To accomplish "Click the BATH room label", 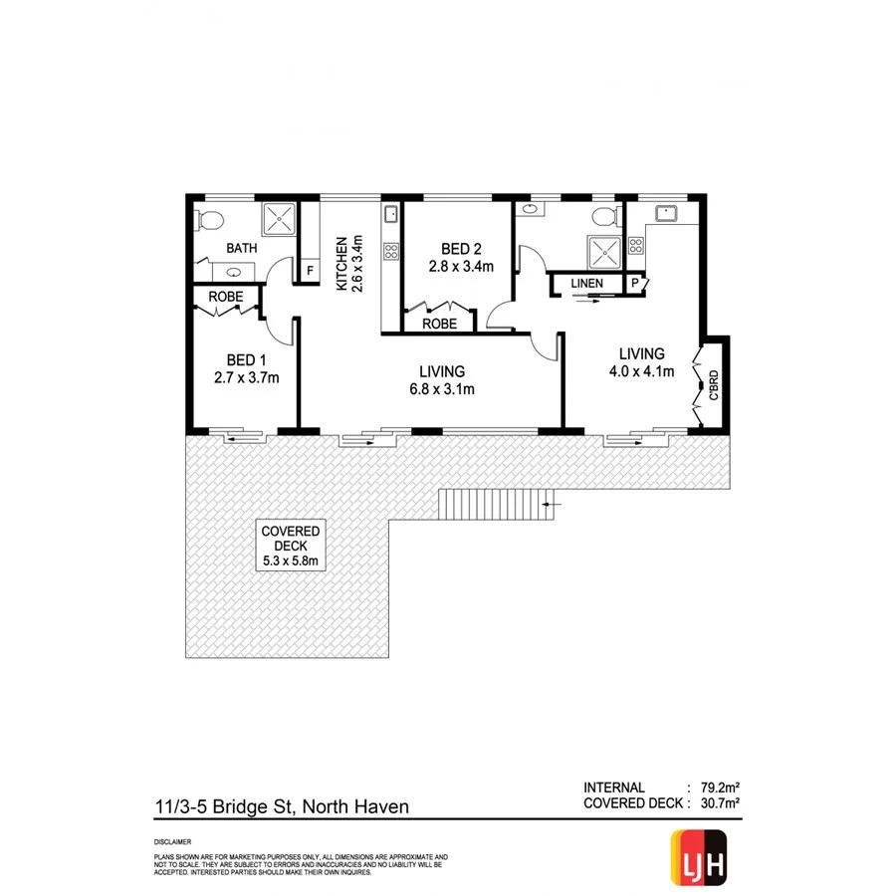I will point(241,248).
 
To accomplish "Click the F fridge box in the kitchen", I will point(310,270).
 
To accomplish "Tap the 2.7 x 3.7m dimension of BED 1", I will point(246,377).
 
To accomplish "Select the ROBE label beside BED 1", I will point(226,296).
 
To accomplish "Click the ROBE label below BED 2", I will point(439,324).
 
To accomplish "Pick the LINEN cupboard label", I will point(587,285).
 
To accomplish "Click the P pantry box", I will point(635,285).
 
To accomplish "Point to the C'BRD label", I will point(713,384).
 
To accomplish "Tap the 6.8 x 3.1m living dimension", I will point(441,389).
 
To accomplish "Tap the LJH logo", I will point(699,855).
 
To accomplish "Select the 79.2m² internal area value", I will point(715,786).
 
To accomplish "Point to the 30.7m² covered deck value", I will point(715,803).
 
